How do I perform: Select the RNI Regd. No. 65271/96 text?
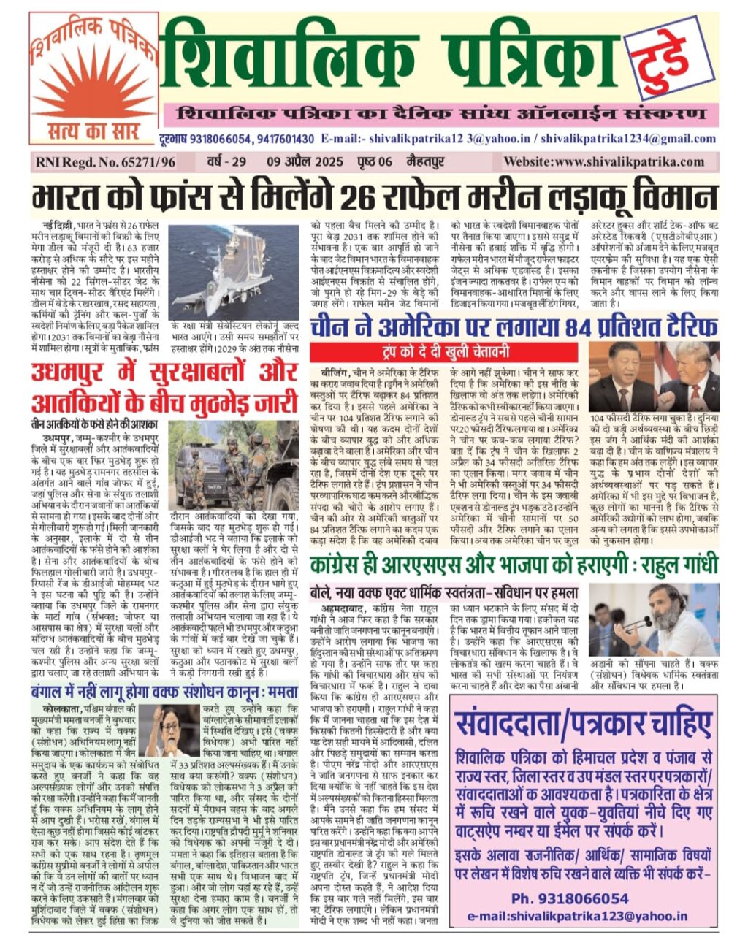[103, 162]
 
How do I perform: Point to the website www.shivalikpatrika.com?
[604, 162]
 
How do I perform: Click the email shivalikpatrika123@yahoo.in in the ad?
[577, 915]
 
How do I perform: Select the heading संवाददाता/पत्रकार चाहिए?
[583, 725]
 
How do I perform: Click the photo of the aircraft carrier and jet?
[234, 272]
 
